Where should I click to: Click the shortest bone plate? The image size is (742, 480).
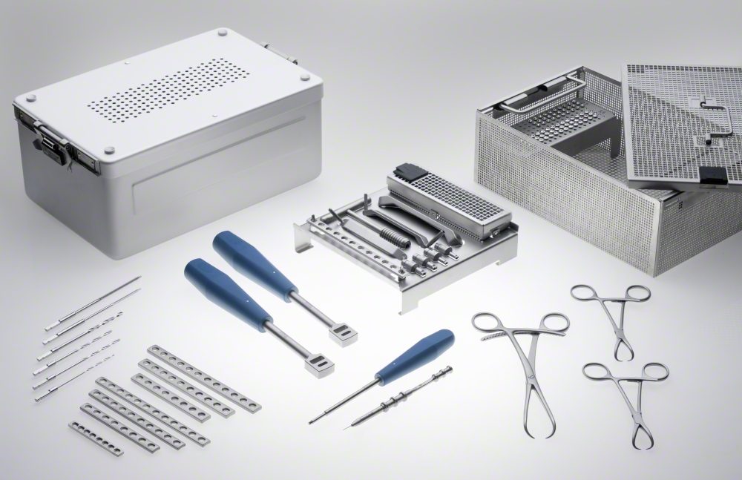96,437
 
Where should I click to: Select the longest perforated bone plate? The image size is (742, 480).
204,378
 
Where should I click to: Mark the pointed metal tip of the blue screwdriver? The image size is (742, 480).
313,421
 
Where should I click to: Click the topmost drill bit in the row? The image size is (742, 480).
93,303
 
